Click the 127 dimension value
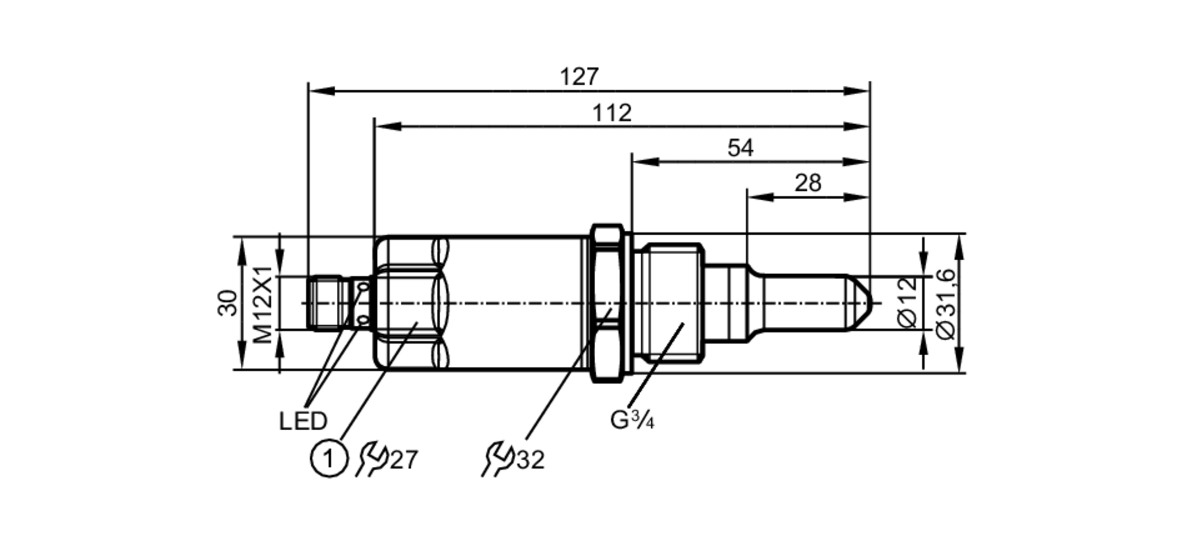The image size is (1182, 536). tap(579, 77)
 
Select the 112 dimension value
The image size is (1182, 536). tap(612, 113)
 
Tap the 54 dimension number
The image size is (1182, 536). tap(740, 148)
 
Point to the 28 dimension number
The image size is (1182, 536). tap(807, 183)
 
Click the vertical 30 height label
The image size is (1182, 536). tap(228, 303)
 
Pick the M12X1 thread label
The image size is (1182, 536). tap(264, 304)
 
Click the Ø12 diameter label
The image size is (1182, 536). tap(907, 301)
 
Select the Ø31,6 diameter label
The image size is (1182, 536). tap(946, 304)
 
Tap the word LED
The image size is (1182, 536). tap(303, 421)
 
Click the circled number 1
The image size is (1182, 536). tap(328, 459)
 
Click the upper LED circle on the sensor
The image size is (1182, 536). tap(363, 287)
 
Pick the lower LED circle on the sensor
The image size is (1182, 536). tap(363, 321)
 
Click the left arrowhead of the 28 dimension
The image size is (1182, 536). tap(759, 197)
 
